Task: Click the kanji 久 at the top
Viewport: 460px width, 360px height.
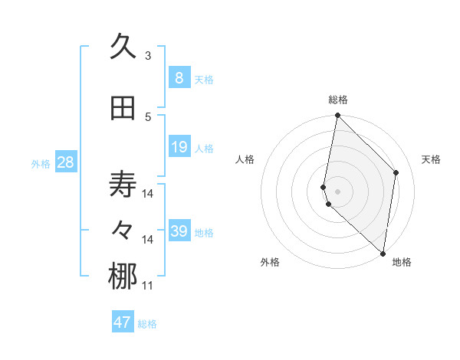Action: pyautogui.click(x=123, y=47)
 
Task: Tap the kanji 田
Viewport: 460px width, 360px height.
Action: pyautogui.click(x=123, y=109)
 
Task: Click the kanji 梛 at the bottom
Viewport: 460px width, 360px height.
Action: pyautogui.click(x=123, y=277)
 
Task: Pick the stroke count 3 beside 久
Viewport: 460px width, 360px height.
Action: pyautogui.click(x=148, y=55)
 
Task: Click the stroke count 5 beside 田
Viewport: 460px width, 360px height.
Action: pyautogui.click(x=148, y=116)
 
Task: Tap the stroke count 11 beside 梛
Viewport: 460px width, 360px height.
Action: pyautogui.click(x=148, y=286)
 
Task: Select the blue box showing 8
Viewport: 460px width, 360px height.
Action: pyautogui.click(x=179, y=78)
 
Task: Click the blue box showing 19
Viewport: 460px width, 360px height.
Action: pyautogui.click(x=179, y=147)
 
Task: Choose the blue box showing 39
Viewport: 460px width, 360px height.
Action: pyautogui.click(x=179, y=231)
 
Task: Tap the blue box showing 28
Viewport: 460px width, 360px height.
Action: pyautogui.click(x=64, y=162)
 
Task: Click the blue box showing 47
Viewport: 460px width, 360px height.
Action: pyautogui.click(x=122, y=322)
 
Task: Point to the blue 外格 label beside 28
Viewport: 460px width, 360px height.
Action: pyautogui.click(x=41, y=163)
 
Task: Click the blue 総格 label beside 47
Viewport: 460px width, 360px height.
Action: pyautogui.click(x=147, y=324)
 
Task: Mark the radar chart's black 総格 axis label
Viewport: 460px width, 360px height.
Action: pyautogui.click(x=338, y=100)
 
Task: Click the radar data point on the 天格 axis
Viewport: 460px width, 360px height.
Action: pyautogui.click(x=396, y=172)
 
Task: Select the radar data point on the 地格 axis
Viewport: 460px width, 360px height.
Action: pyautogui.click(x=383, y=253)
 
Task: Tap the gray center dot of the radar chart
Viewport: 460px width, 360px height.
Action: pyautogui.click(x=338, y=191)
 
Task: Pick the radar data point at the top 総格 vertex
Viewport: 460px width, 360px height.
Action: pyautogui.click(x=338, y=116)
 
